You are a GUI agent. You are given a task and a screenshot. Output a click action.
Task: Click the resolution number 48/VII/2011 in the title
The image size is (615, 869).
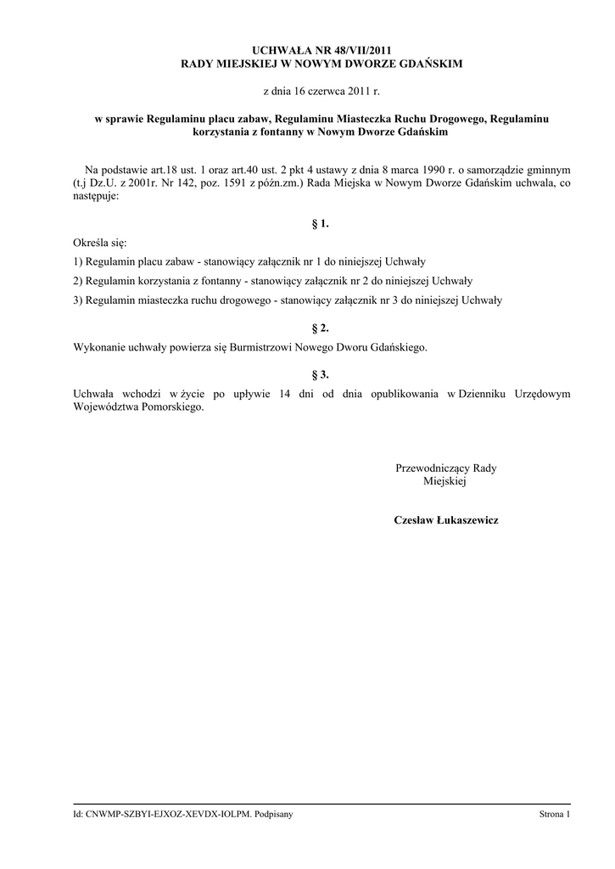pos(356,51)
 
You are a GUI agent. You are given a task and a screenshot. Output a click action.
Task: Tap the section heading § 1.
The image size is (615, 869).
pos(321,224)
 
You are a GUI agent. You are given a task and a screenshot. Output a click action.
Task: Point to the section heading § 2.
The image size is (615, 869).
pos(321,328)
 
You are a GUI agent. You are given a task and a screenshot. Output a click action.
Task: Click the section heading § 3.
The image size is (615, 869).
pos(321,373)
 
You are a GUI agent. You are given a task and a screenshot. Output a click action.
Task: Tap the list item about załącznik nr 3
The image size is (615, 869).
pos(288,300)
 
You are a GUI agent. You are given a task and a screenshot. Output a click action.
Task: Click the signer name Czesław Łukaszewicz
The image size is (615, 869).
pos(446,519)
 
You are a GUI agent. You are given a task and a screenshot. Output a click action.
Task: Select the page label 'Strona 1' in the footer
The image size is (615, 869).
pos(555,815)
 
